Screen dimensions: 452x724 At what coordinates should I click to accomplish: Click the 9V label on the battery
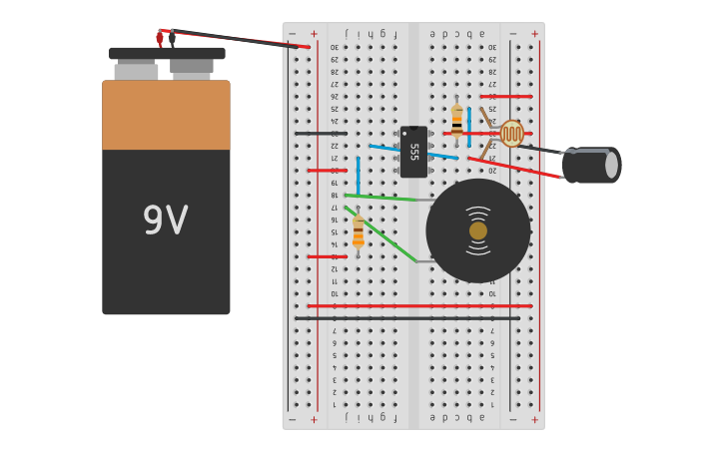[165, 221]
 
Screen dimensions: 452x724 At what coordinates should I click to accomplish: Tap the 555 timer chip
[413, 152]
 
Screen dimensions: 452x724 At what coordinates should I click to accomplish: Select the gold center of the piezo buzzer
[478, 230]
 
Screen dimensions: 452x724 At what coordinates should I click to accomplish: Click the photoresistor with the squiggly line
[511, 133]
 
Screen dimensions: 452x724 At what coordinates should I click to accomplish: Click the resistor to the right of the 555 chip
[457, 121]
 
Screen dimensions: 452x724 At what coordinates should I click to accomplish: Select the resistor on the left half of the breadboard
[358, 232]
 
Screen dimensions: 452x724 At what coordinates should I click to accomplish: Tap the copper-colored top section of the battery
[166, 115]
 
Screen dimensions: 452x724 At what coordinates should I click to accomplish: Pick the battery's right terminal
[191, 66]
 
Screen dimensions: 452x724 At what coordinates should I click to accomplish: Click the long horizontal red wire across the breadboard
[419, 306]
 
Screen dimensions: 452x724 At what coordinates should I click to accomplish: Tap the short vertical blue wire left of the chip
[358, 175]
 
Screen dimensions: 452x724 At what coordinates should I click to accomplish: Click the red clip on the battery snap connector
[160, 38]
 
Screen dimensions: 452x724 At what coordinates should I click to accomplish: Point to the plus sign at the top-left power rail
[314, 34]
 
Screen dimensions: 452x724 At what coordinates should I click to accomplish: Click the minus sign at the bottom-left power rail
[292, 419]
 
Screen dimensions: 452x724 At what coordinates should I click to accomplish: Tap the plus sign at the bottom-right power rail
[534, 419]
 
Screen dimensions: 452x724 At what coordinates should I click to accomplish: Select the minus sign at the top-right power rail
[512, 34]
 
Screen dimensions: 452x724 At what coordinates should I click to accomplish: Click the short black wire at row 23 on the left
[320, 133]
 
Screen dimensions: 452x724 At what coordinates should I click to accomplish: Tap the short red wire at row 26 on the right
[506, 97]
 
